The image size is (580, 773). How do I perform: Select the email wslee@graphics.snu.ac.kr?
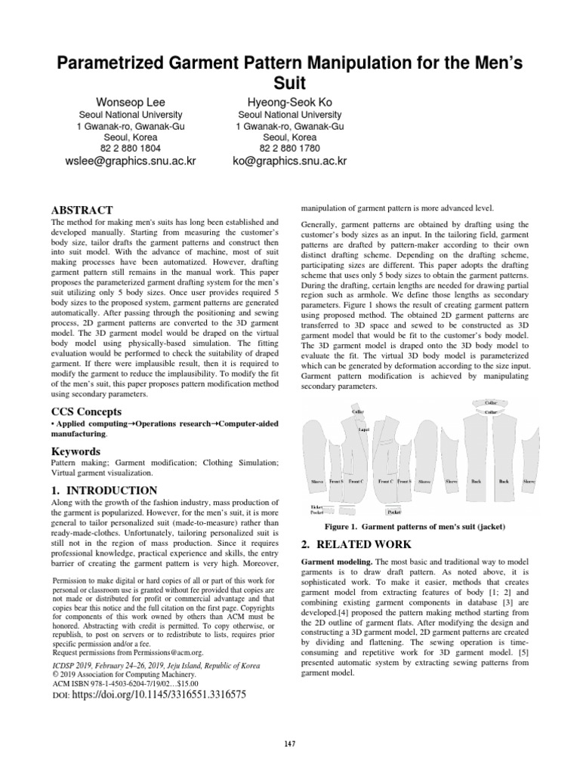point(131,161)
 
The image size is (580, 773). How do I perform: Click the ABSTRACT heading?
point(82,209)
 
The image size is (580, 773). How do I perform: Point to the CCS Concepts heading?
point(85,411)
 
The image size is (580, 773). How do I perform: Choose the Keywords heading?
point(76,451)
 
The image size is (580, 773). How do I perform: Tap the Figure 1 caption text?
point(420,525)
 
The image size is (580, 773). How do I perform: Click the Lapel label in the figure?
point(363,427)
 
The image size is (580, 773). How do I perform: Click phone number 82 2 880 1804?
point(131,149)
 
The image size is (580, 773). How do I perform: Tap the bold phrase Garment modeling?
point(336,563)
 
